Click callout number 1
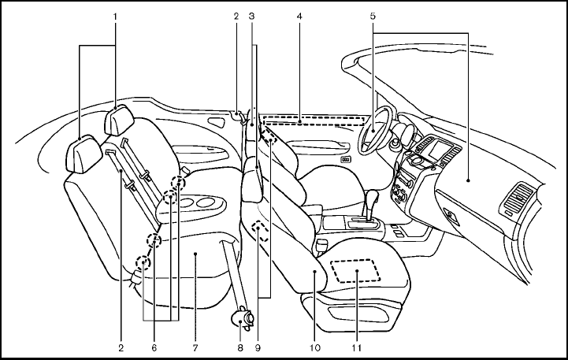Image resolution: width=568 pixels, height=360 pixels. tap(116, 16)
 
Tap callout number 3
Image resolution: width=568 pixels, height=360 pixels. tap(251, 16)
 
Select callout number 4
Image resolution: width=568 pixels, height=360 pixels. tap(300, 16)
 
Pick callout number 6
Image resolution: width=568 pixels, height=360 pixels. tap(154, 346)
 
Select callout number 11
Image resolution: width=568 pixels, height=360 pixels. tap(357, 346)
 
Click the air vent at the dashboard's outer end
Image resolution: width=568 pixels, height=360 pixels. tap(521, 196)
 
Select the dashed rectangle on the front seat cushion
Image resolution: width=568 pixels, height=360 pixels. tap(357, 270)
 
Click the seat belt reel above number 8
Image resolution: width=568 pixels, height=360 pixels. tap(243, 318)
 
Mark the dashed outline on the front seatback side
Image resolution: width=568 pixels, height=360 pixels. tap(259, 230)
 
